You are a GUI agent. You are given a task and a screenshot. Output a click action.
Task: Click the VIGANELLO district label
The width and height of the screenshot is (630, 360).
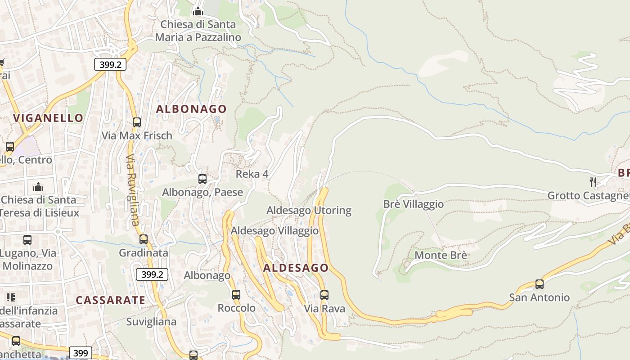coord(48,118)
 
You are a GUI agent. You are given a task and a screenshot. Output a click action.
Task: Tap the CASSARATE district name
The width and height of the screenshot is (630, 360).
coord(110,300)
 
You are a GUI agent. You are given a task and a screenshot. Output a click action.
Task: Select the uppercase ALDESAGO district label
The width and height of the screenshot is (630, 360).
coord(296,268)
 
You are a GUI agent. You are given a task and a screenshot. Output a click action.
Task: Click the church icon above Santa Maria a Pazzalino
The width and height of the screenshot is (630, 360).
coord(198,11)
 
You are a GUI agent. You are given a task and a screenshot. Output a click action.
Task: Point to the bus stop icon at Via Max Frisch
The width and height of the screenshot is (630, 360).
coord(137,122)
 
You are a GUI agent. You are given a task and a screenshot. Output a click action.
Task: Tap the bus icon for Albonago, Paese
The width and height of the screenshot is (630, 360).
coord(202,179)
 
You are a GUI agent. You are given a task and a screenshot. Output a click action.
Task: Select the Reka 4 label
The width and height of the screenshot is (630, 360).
coord(252,174)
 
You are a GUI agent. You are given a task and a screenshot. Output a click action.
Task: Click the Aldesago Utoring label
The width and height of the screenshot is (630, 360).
coord(309,210)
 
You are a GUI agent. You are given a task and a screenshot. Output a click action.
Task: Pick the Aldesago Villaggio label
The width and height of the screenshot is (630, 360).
coord(274,231)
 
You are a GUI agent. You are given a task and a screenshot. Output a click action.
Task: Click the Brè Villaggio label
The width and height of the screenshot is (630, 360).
coord(413,204)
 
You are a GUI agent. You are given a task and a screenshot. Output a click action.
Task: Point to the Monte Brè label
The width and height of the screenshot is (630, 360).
coord(440,255)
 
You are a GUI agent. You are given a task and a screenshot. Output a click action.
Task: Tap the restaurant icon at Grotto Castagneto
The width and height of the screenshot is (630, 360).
coord(593,182)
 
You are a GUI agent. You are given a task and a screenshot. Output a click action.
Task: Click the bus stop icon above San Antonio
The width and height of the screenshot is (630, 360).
coord(539,284)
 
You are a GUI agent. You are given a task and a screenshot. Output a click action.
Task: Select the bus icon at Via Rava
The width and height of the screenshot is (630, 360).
coord(324,295)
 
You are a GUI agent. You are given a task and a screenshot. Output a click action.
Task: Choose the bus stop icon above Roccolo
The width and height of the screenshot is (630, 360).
coord(236,295)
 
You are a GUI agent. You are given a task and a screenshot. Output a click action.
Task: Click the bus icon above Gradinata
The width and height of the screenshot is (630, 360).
coord(144,239)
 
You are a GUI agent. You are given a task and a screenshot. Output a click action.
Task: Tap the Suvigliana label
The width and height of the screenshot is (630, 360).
coord(151,322)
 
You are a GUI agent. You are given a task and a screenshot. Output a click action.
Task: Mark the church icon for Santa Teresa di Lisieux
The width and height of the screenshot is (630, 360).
coord(38,186)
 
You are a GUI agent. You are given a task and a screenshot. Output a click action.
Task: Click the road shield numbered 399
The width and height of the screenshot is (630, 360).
coord(81,353)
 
